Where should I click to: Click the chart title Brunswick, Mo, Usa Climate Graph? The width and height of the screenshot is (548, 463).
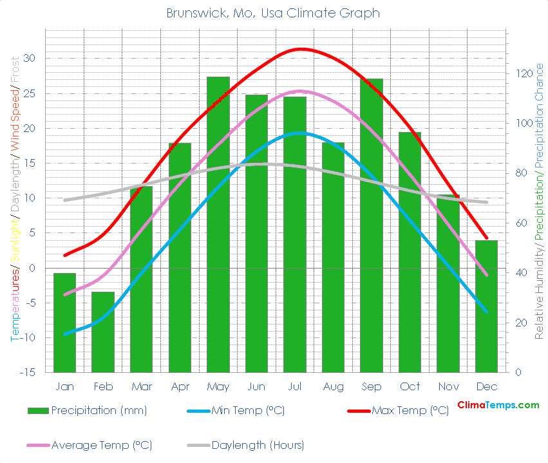tap(273, 13)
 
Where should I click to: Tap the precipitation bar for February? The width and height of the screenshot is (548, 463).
tap(103, 332)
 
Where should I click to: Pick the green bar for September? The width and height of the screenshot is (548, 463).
tap(372, 225)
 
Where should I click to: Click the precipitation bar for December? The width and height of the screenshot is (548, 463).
tap(487, 306)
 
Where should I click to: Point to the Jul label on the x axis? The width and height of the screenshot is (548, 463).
tap(295, 386)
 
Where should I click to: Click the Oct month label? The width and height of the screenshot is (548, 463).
tap(410, 386)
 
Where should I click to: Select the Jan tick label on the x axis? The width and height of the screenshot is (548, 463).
tap(64, 386)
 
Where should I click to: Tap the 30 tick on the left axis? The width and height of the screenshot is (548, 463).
tap(30, 59)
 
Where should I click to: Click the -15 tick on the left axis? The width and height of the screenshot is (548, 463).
tap(27, 372)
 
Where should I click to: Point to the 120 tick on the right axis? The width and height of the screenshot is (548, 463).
tap(518, 73)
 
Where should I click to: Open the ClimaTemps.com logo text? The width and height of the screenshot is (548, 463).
tap(498, 405)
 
